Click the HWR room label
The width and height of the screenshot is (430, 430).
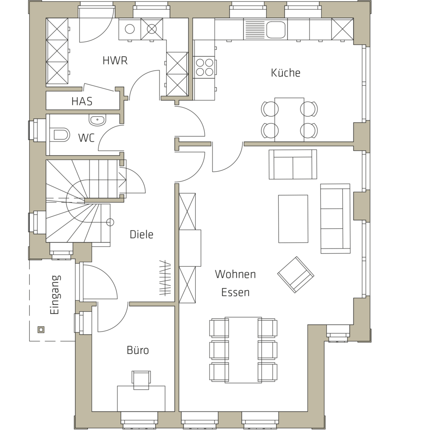click(115, 61)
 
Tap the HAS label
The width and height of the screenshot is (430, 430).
click(82, 101)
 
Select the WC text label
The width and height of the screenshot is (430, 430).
click(86, 138)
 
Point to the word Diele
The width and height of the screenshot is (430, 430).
click(141, 234)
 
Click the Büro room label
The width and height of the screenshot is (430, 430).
click(138, 350)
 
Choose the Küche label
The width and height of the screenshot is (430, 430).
click(286, 73)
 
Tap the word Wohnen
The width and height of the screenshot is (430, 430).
click(235, 274)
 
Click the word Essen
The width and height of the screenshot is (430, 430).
click(235, 292)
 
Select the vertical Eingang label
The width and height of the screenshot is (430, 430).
click(55, 295)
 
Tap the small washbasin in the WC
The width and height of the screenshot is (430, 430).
click(97, 120)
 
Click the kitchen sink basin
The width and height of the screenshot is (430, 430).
click(276, 30)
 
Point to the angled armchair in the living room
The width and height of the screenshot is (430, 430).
click(296, 275)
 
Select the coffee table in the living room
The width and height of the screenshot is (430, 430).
click(293, 219)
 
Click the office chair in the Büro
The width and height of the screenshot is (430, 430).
click(141, 379)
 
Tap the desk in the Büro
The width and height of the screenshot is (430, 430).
click(141, 399)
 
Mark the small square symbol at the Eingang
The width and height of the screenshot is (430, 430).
click(41, 330)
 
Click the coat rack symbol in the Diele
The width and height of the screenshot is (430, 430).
click(165, 278)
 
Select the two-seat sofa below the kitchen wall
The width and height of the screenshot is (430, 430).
click(293, 165)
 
